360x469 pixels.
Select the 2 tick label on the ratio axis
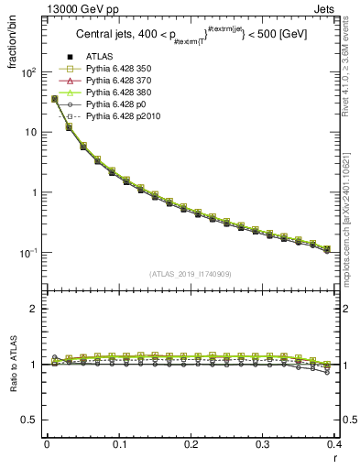click(35, 309)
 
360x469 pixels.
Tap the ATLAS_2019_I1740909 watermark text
click(191, 274)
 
